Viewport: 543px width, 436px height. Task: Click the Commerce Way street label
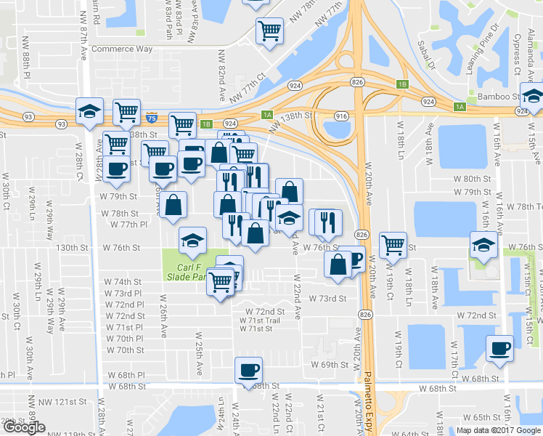click(x=123, y=49)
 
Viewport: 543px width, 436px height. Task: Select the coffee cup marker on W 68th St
click(x=248, y=371)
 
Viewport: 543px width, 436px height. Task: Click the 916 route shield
click(x=342, y=116)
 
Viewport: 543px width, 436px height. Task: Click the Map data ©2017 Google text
click(x=497, y=430)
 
